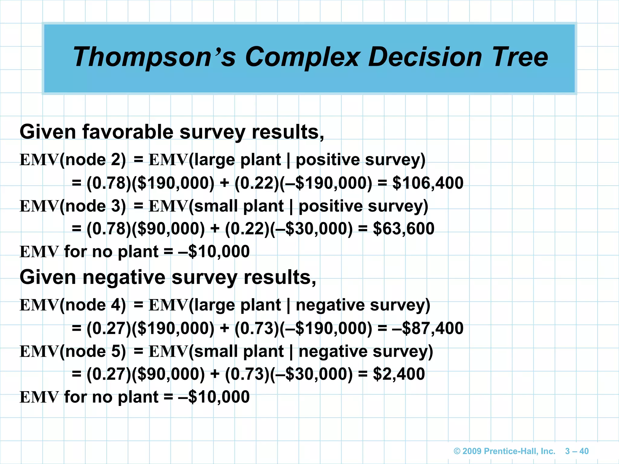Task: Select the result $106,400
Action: pos(428,183)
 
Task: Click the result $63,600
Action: pos(403,229)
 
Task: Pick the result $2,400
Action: pos(399,374)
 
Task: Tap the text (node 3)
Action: pos(93,206)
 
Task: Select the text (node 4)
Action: pos(93,305)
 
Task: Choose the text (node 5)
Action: pos(93,351)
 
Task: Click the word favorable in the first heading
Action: pos(128,132)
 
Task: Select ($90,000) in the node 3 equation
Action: pos(168,229)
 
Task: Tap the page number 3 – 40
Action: pos(577,451)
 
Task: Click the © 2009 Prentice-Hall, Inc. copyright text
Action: pos(504,451)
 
